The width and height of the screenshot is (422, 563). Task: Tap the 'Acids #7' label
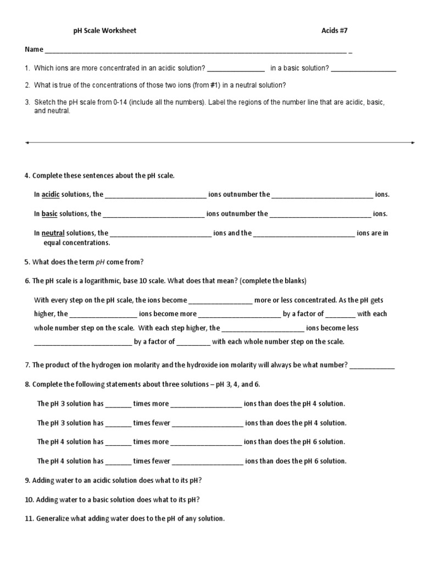coord(335,31)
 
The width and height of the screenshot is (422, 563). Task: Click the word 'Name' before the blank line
coord(34,49)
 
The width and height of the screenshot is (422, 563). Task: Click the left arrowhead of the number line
coord(27,142)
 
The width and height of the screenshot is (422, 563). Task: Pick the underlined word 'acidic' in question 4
coord(51,194)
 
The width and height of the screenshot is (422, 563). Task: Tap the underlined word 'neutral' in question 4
coord(53,233)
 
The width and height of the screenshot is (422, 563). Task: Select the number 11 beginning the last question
coord(29,518)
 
